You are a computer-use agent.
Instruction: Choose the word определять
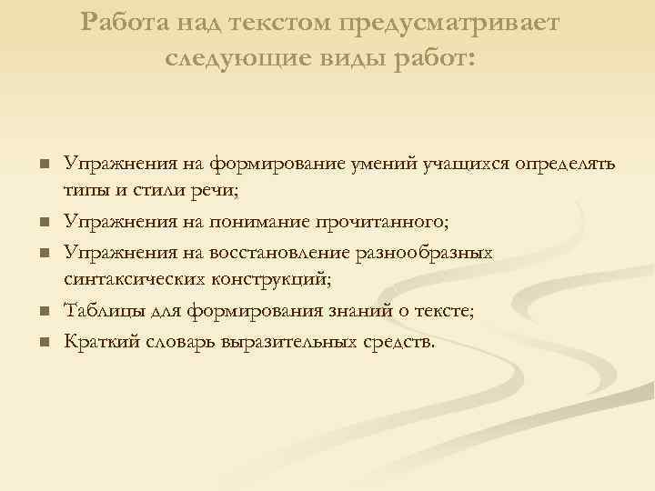[x=565, y=165]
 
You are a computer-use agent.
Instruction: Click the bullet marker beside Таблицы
[x=43, y=313]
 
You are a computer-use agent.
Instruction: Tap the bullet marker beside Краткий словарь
[x=43, y=343]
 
